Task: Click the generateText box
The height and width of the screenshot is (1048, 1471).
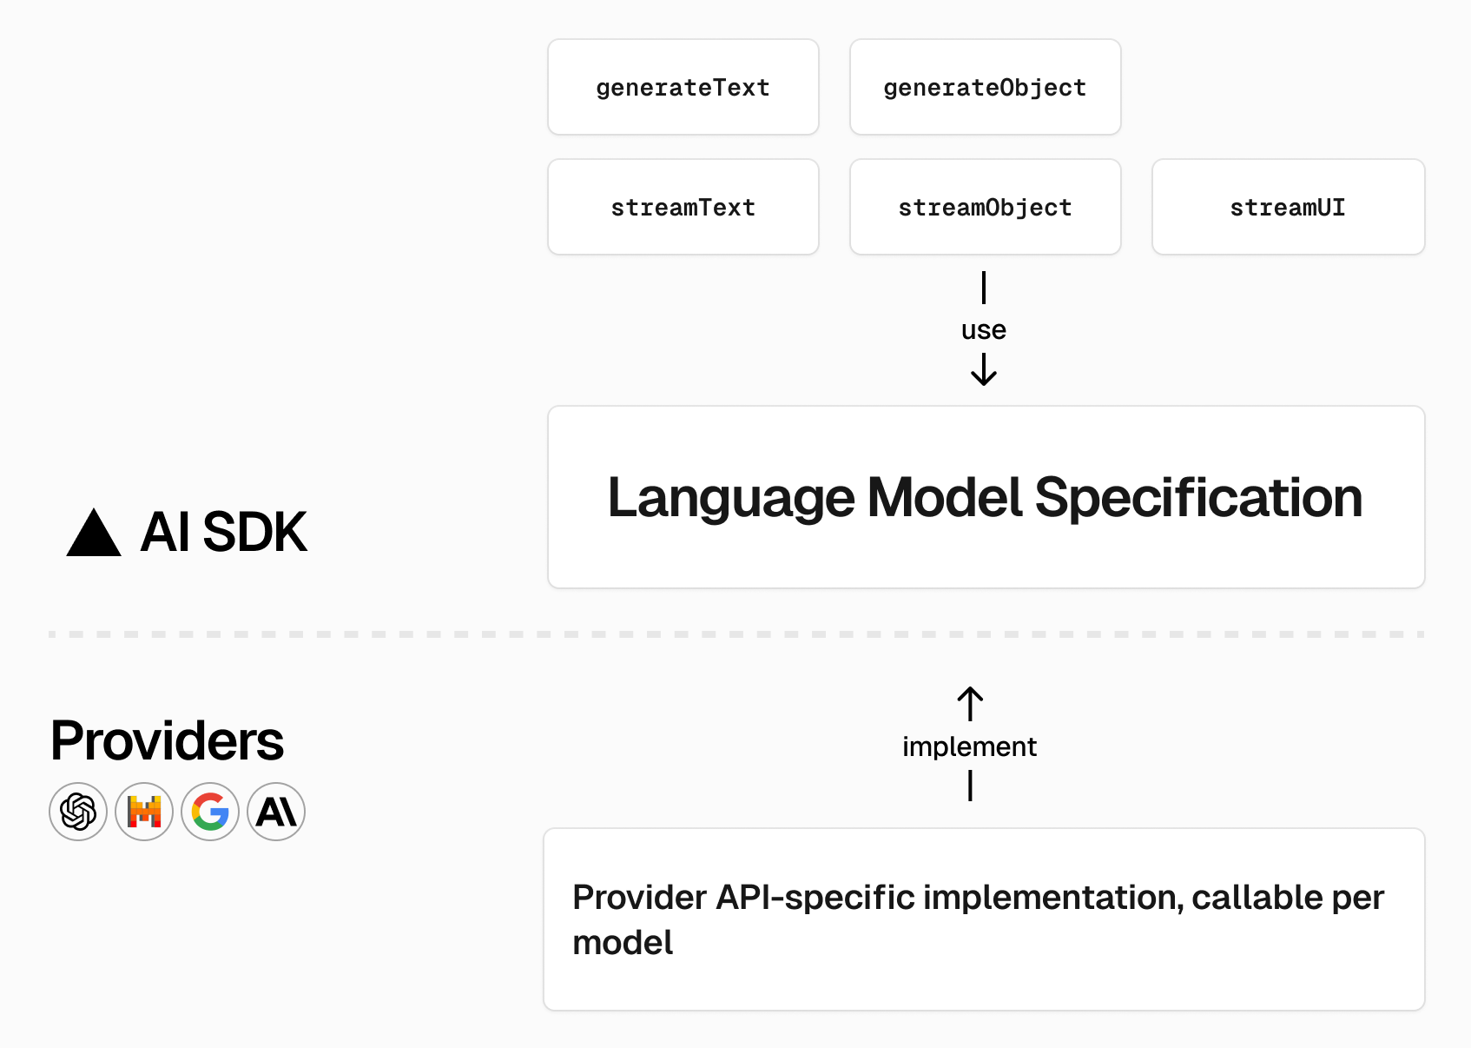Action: [683, 87]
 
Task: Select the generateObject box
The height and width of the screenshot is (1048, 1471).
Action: [985, 87]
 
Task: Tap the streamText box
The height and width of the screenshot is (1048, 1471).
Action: [683, 207]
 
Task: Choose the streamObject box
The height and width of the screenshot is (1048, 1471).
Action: [985, 207]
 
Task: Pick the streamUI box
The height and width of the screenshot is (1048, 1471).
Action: [1288, 207]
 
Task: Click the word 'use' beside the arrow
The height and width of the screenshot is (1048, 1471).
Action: [983, 330]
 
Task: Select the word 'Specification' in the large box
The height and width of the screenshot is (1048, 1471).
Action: [1198, 498]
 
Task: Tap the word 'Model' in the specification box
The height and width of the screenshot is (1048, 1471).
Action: [946, 498]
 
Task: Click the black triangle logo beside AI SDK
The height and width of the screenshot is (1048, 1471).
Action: [94, 534]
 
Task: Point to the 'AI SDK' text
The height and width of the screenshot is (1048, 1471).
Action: [223, 532]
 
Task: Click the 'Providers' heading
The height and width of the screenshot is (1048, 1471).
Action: [167, 740]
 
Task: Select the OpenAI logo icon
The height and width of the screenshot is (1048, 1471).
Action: [78, 812]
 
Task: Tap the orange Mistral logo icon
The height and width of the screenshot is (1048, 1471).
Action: [144, 812]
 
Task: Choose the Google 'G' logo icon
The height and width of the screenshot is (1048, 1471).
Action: [210, 812]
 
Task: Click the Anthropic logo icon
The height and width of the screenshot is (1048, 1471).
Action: [276, 812]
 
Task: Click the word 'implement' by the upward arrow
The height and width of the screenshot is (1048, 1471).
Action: [969, 746]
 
